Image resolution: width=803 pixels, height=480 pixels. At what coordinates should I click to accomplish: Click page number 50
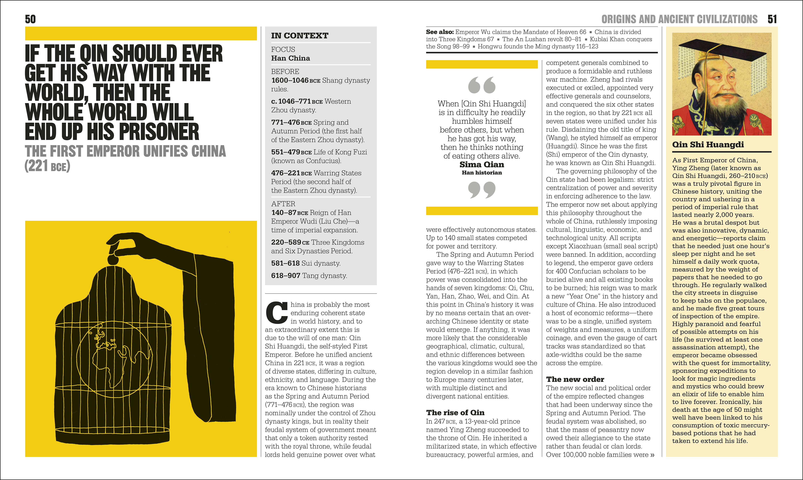click(30, 19)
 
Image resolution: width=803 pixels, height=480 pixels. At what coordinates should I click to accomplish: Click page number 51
click(772, 19)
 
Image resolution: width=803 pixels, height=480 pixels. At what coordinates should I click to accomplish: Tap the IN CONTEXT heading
click(300, 36)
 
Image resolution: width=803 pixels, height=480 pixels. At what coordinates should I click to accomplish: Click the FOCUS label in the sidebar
click(283, 49)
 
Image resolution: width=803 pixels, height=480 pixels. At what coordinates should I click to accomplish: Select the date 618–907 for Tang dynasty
click(285, 276)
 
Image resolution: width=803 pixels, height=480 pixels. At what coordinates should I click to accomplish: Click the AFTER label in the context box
click(283, 204)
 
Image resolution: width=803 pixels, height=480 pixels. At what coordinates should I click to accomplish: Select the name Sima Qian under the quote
click(482, 165)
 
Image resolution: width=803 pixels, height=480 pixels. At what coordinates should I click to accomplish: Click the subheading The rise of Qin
click(455, 412)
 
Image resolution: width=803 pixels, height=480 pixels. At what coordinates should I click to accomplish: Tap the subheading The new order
click(575, 379)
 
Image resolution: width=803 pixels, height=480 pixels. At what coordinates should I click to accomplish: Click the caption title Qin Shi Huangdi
click(708, 145)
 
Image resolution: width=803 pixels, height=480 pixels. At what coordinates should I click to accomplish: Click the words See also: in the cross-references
click(440, 32)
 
